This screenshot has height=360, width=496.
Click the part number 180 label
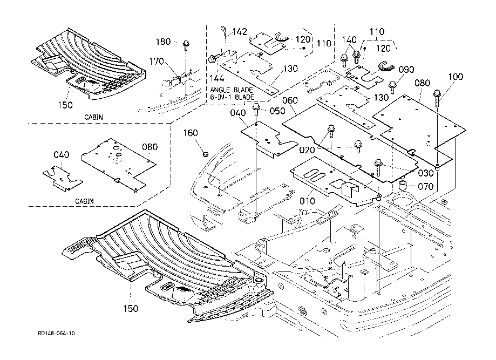pos(164,42)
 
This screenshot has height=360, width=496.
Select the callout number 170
pos(157,62)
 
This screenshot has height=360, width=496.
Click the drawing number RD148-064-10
pos(57,334)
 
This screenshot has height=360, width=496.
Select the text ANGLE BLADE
pos(233,90)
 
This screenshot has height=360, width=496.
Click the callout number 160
pos(191,133)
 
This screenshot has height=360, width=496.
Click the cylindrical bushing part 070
pos(403,186)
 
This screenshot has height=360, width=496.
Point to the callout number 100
pos(456,77)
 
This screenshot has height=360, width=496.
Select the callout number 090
pos(406,70)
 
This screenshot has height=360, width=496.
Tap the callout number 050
pos(277,111)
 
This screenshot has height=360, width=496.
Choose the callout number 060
pos(290,100)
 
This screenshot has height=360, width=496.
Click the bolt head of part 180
pos(186,42)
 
